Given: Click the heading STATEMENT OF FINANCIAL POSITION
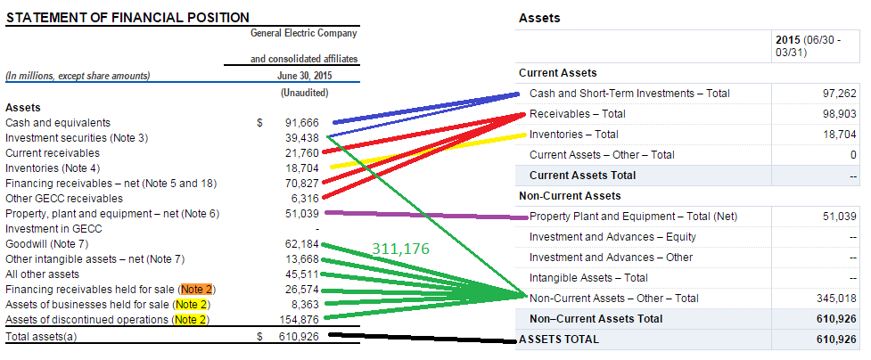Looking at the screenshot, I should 127,18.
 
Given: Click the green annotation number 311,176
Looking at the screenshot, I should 401,250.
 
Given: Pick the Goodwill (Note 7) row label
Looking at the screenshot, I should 47,243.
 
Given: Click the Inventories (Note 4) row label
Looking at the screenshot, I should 53,168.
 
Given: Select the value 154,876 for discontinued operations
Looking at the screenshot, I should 299,320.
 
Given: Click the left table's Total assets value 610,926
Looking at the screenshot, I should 299,337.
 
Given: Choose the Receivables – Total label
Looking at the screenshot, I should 577,114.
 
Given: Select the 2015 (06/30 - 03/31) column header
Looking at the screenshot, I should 808,47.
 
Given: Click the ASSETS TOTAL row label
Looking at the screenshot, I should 559,340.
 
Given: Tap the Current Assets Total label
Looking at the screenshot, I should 582,176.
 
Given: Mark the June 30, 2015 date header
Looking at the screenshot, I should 305,76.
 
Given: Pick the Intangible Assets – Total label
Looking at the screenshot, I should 588,278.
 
